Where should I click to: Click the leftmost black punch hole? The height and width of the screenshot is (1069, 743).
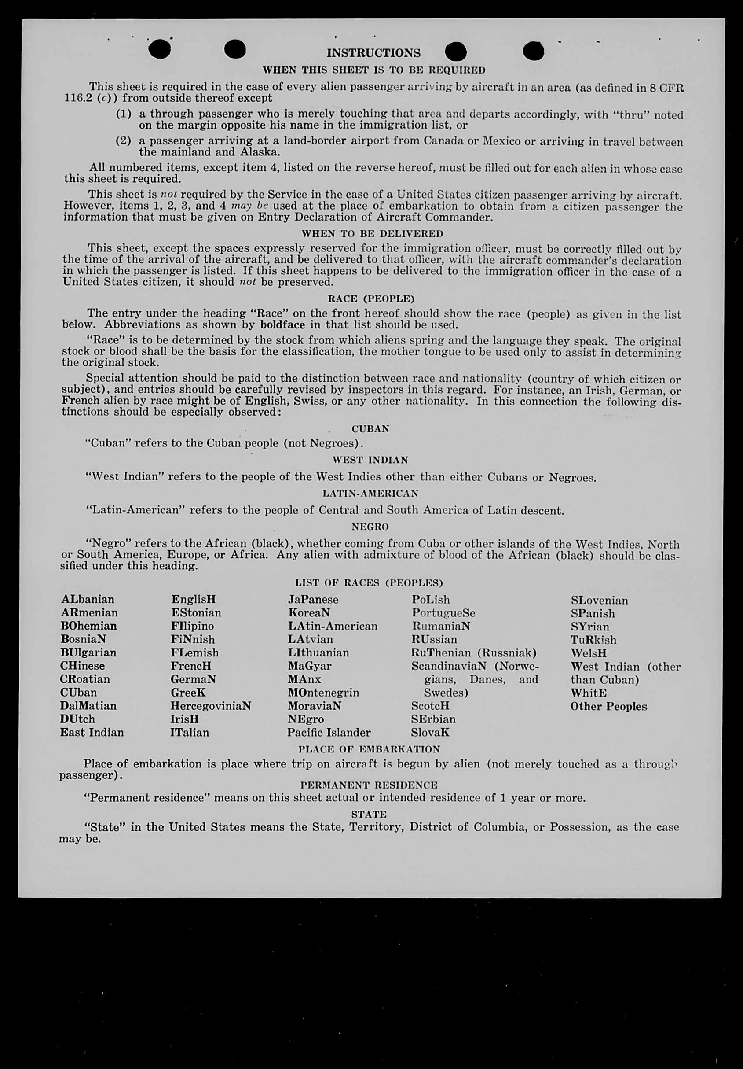point(160,49)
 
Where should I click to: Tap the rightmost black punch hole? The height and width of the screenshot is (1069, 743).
point(533,51)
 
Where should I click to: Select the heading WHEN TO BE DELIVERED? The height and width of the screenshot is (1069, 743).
point(372,233)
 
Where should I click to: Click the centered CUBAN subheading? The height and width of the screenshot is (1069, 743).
point(370,429)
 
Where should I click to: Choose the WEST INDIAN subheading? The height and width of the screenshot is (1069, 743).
point(370,460)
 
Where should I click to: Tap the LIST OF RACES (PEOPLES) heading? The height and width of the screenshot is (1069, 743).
point(369,583)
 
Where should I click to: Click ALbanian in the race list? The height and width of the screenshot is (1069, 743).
point(88,599)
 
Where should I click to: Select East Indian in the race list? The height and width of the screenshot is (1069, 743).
point(92,732)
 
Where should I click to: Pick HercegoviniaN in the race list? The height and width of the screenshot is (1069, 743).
point(211,706)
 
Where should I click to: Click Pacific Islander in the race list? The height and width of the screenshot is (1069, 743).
point(329,732)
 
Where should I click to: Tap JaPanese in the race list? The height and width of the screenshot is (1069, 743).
point(313,600)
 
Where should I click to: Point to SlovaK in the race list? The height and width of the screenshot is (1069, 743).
point(430,732)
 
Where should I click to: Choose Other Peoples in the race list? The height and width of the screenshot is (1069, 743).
point(608,706)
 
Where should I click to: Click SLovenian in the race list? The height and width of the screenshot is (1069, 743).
point(599,601)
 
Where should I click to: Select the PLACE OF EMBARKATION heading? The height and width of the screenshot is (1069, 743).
point(369,749)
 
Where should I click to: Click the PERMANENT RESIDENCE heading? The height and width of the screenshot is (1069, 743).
point(369,785)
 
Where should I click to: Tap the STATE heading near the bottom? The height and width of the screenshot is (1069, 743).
point(369,815)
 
